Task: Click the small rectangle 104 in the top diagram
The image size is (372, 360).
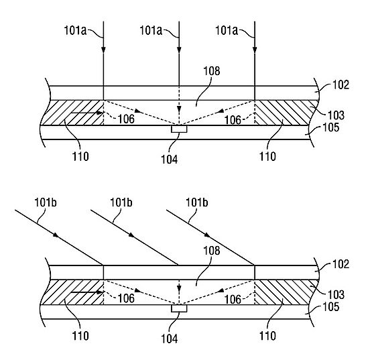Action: (x=179, y=129)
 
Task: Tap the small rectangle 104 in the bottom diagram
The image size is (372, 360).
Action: (x=179, y=308)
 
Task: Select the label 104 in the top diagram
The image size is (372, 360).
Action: (x=170, y=160)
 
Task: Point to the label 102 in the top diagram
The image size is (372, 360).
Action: (x=341, y=85)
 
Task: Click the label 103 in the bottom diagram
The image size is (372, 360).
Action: (x=336, y=295)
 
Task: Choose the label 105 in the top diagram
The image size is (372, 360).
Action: (x=331, y=127)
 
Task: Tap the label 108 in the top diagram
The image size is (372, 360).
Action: (x=212, y=70)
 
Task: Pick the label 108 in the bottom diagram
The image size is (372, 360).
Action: (x=212, y=250)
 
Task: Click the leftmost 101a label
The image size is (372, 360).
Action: (x=76, y=31)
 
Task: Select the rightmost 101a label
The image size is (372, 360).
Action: (x=227, y=31)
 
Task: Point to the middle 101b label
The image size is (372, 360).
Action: (x=121, y=202)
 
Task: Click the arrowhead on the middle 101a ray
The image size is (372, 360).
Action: (x=179, y=50)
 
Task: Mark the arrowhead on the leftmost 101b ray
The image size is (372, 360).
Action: (x=56, y=235)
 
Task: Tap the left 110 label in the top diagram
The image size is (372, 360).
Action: (x=80, y=156)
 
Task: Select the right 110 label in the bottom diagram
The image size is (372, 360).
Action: (x=267, y=336)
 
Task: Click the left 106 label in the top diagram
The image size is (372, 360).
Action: (x=126, y=119)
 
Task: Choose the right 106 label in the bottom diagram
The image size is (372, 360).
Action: (x=233, y=300)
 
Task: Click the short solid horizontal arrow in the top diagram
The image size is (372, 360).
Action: (x=87, y=113)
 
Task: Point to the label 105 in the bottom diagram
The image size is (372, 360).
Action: (x=331, y=307)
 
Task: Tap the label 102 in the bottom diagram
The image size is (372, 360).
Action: (x=341, y=264)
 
